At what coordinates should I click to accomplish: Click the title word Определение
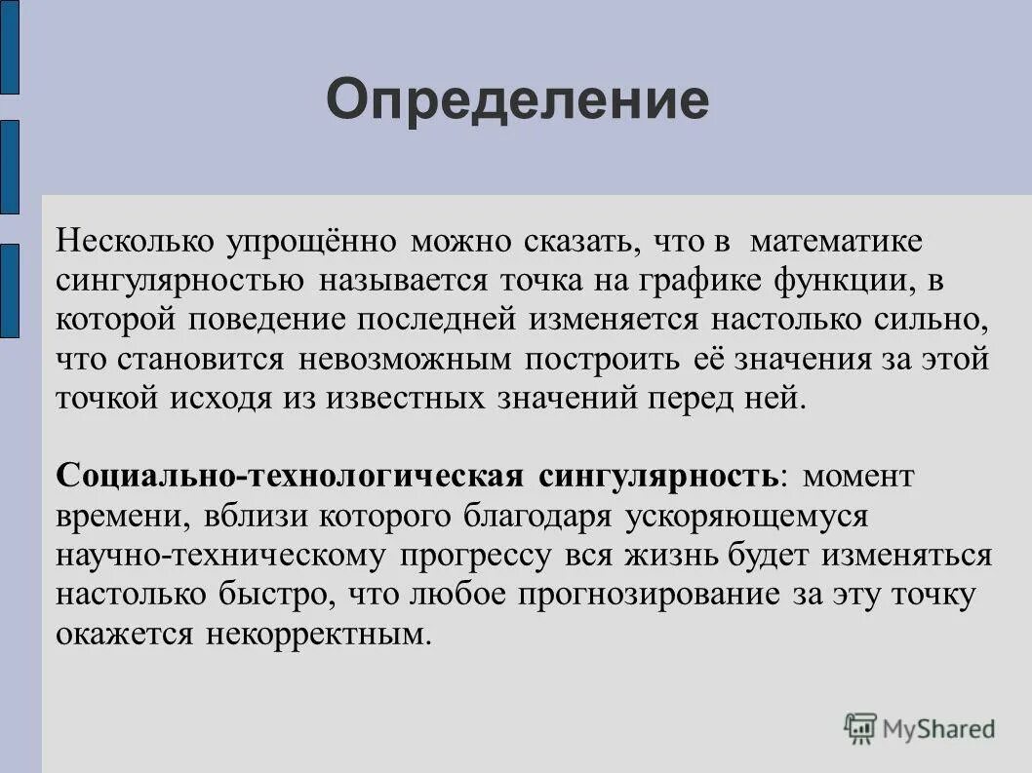[x=517, y=100]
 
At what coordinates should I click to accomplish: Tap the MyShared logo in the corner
[x=921, y=728]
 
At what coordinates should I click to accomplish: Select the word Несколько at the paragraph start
[x=137, y=240]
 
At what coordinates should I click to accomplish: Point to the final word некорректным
[x=318, y=635]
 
